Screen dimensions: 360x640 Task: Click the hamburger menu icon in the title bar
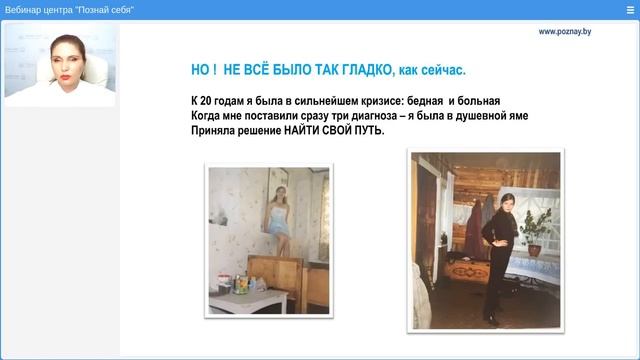[x=629, y=9]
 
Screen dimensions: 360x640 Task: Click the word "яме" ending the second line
[x=516, y=116]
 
